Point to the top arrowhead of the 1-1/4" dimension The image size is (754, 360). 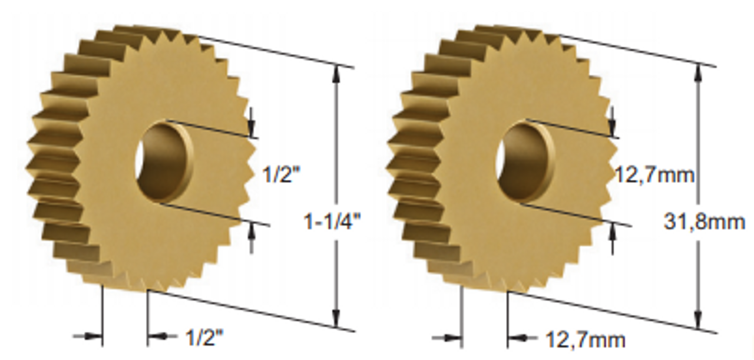[336, 72]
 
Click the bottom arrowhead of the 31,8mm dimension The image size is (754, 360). [698, 322]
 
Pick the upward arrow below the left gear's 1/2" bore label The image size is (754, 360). [252, 233]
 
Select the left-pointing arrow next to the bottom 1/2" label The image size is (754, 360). [156, 337]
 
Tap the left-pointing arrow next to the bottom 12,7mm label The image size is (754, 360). [516, 338]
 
